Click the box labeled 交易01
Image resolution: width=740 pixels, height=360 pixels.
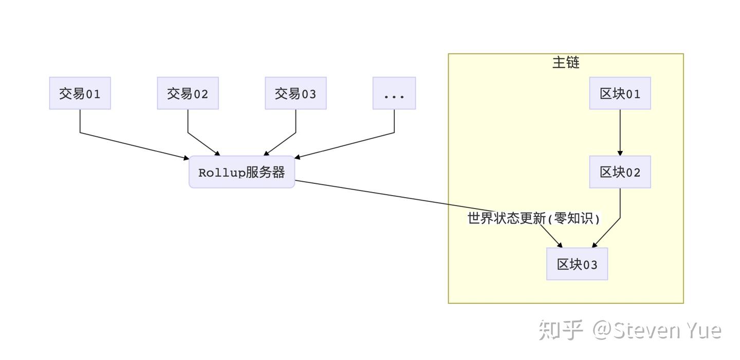tap(80, 93)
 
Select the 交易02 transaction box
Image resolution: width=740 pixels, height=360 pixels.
tap(188, 93)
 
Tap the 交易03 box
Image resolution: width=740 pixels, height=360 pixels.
tap(295, 93)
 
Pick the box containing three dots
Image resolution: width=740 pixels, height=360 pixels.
tap(394, 93)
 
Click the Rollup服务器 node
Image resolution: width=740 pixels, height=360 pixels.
tap(242, 172)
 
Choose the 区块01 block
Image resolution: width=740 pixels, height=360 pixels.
tap(620, 93)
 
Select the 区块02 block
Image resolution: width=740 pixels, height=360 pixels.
tap(620, 172)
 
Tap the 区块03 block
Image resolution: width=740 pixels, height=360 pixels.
tap(577, 264)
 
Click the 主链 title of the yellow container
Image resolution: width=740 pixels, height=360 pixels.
tap(566, 63)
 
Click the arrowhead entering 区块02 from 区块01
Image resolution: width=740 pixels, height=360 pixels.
tap(620, 153)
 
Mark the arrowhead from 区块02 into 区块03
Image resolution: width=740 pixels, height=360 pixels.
tap(595, 245)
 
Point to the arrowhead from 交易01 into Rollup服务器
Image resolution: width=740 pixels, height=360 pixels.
tap(187, 158)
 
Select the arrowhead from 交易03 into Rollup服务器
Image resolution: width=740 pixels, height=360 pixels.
tap(266, 153)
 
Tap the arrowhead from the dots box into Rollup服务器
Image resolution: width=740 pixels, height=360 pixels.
tap(298, 157)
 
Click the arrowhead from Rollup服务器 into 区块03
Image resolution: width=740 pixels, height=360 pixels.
tap(560, 245)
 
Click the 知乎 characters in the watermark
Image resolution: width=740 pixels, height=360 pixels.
tap(561, 330)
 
